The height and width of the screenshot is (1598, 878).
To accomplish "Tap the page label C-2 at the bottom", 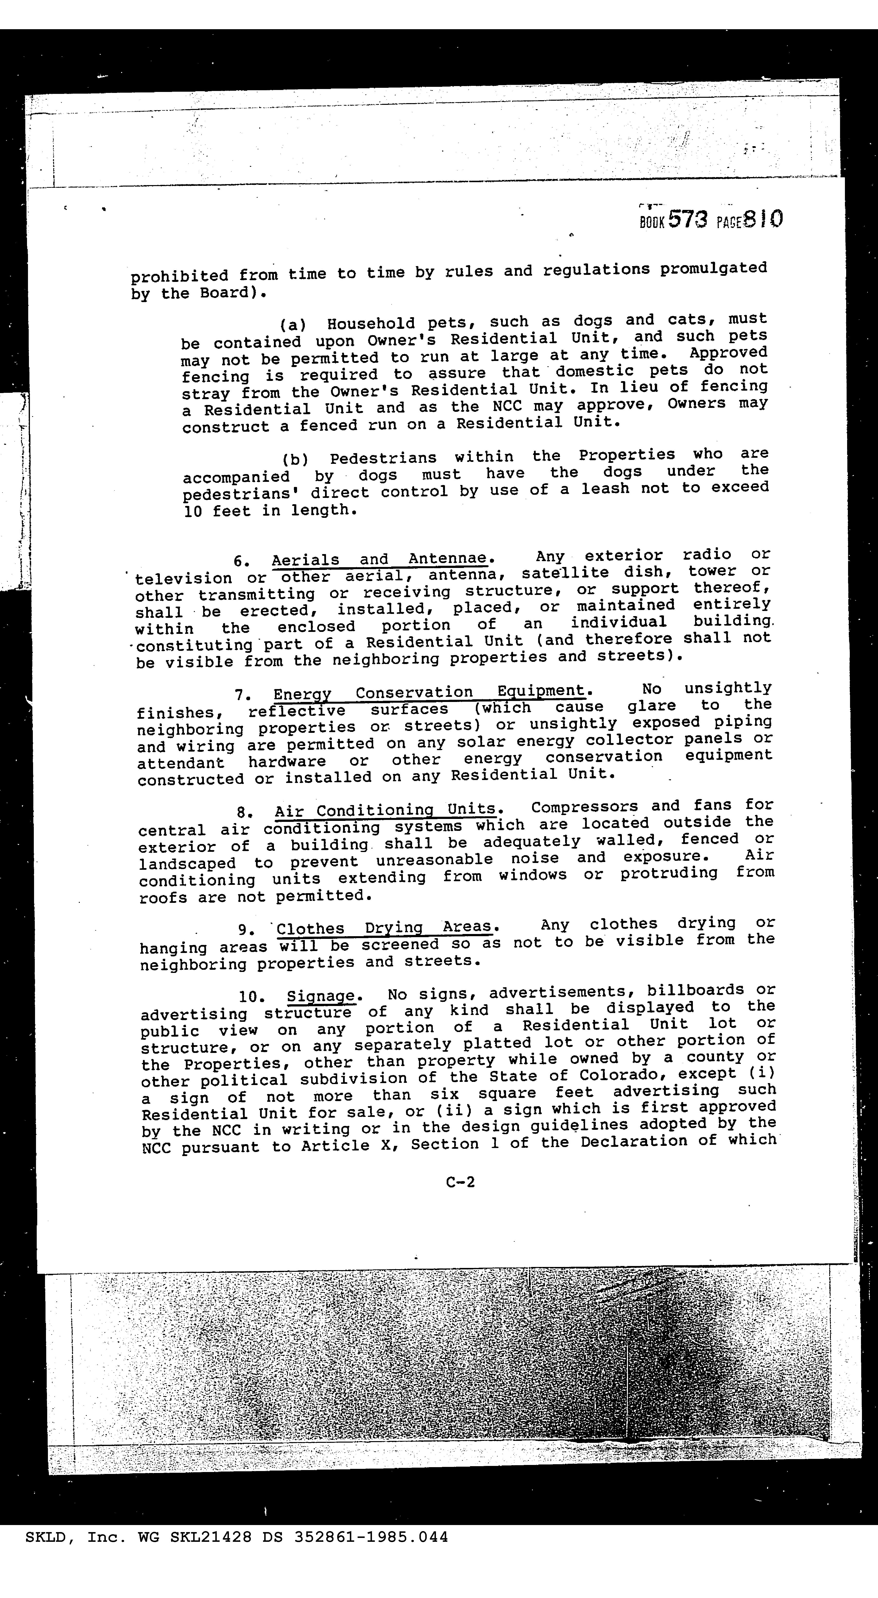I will pos(460,1182).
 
